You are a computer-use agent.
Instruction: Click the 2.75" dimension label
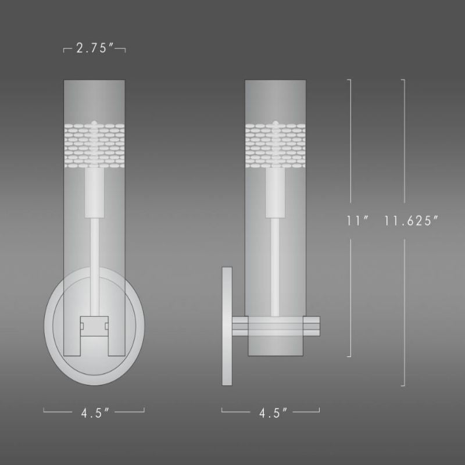94,49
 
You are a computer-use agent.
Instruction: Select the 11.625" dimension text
410,221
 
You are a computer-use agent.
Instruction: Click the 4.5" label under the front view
94,413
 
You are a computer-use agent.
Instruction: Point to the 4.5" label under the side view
270,413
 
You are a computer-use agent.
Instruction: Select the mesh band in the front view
94,142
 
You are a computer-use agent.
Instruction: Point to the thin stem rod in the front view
94,256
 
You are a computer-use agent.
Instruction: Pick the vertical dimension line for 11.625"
404,145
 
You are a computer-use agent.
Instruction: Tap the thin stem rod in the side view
275,256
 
